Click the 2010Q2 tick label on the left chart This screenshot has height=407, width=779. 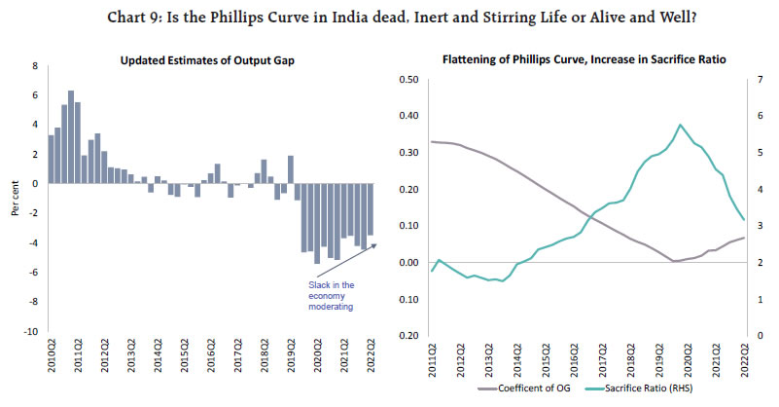tap(52, 356)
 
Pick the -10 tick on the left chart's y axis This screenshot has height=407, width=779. tap(30, 331)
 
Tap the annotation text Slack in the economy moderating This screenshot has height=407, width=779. tap(325, 295)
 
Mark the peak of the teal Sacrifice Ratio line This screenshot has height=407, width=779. tap(680, 125)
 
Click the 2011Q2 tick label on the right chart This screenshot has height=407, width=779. tap(429, 356)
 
